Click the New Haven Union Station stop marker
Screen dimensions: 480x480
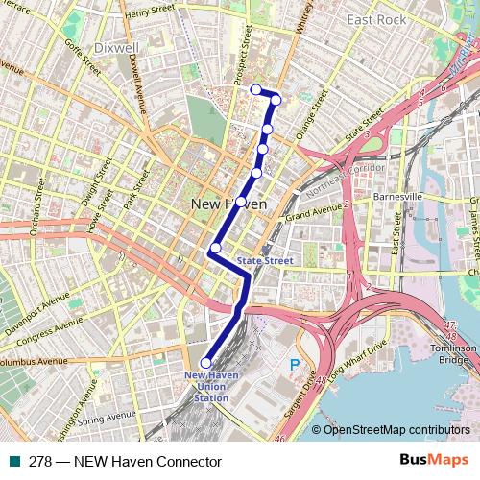[205, 363]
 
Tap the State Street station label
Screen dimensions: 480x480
[264, 260]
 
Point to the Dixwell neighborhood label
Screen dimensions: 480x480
[118, 46]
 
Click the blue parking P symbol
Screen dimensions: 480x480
[295, 364]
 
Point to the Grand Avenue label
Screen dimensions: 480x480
[314, 211]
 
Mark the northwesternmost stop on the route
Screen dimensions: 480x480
[255, 89]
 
